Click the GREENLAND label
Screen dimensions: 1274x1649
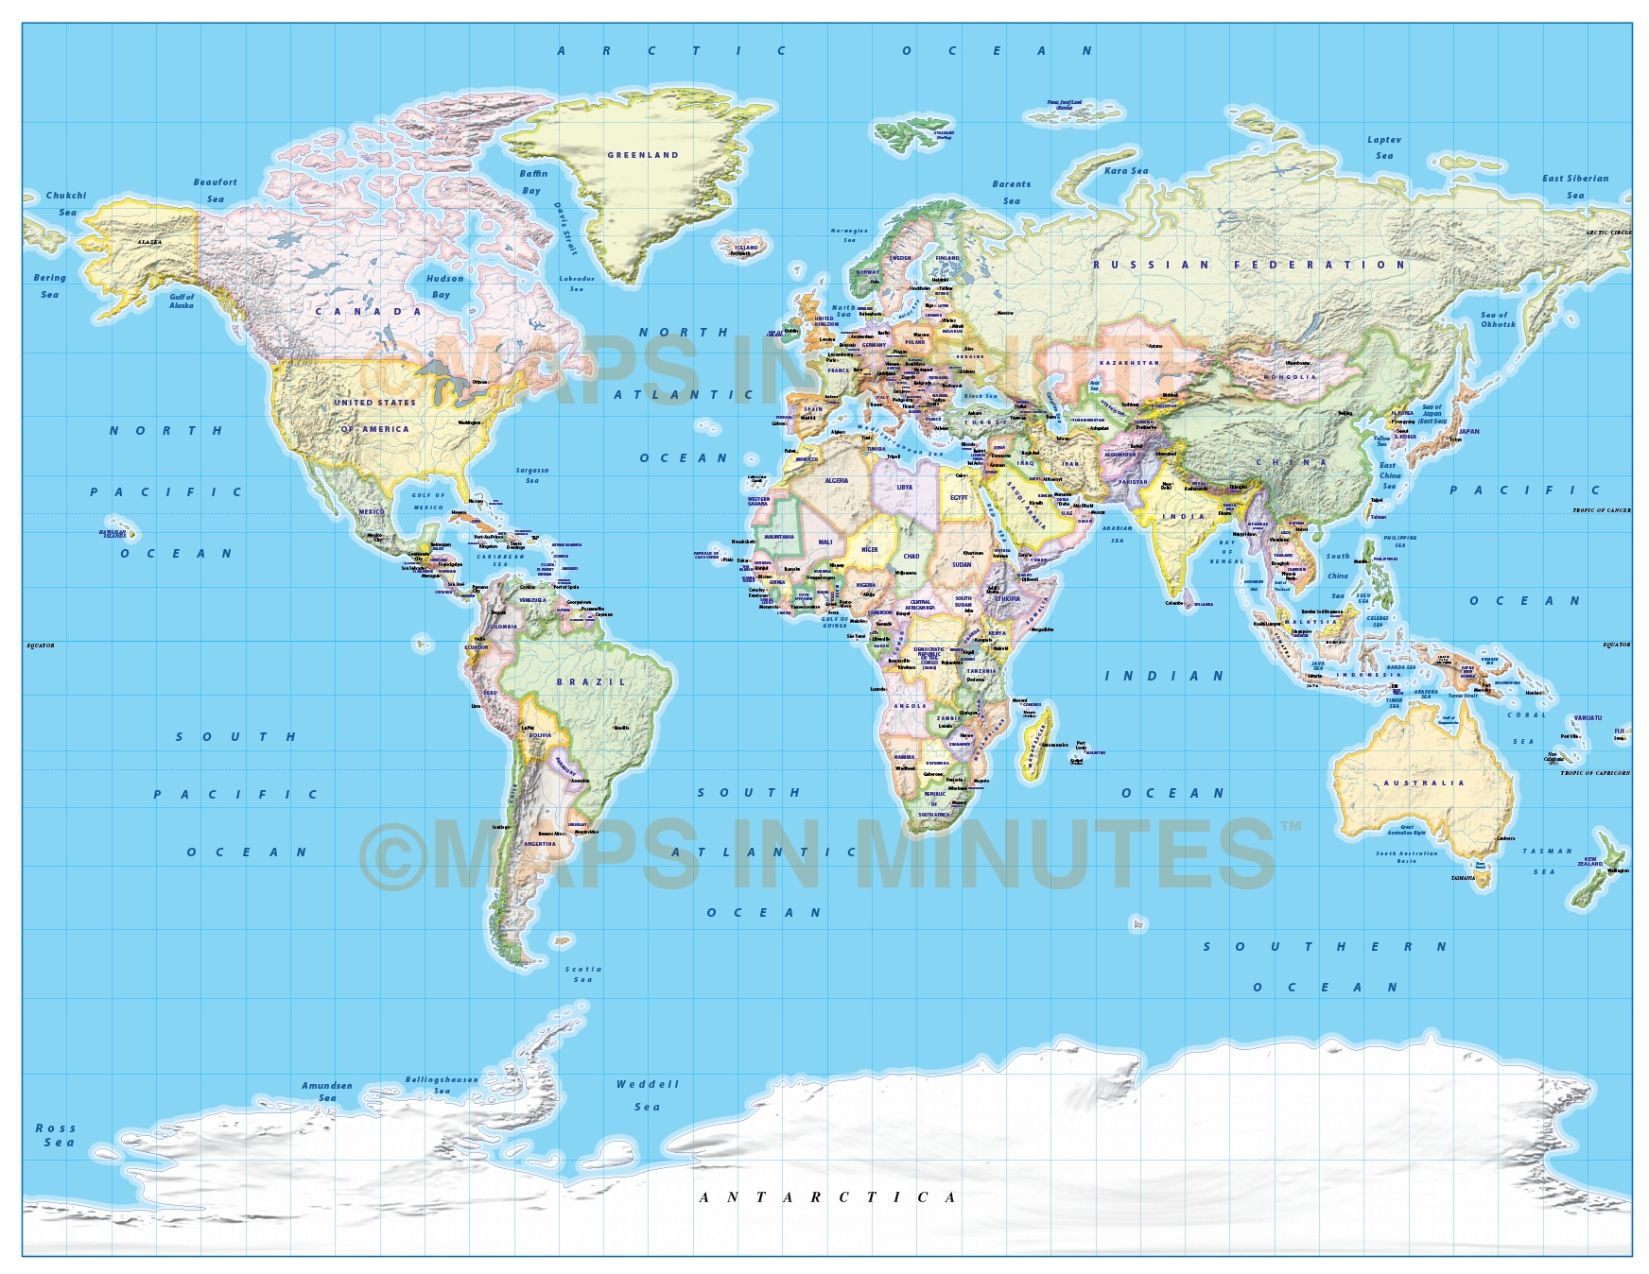click(x=643, y=155)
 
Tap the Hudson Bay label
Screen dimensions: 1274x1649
click(x=444, y=286)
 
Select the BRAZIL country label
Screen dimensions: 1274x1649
click(x=591, y=681)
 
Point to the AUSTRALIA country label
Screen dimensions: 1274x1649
click(x=1423, y=783)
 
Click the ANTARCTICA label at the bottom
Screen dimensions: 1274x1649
click(x=828, y=1197)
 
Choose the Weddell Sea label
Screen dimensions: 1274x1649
click(x=648, y=1095)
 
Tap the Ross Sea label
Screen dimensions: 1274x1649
click(x=56, y=1135)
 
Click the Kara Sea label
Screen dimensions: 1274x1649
click(x=1126, y=171)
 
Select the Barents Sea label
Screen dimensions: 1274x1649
click(x=1012, y=192)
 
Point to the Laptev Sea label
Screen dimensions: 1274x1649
click(x=1384, y=147)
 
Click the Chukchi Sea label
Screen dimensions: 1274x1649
click(x=66, y=203)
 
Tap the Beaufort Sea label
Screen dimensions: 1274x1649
click(x=216, y=190)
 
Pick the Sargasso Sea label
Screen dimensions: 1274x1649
click(x=532, y=475)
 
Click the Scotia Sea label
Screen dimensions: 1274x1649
click(x=583, y=973)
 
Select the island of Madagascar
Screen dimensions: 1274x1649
click(x=1036, y=743)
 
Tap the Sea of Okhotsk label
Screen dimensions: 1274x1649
click(x=1498, y=319)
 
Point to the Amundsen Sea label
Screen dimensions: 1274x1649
click(x=327, y=1092)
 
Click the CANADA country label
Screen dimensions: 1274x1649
click(x=369, y=311)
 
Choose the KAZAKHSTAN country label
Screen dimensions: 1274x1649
click(x=1129, y=363)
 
